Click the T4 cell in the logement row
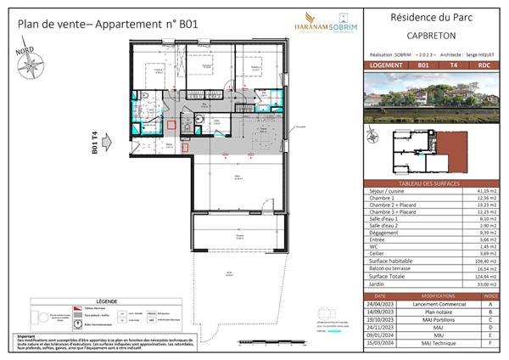coord(454,65)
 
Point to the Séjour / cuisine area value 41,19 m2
coord(485,193)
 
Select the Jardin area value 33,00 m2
coord(485,284)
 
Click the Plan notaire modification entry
coord(435,311)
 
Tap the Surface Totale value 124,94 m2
coord(485,277)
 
